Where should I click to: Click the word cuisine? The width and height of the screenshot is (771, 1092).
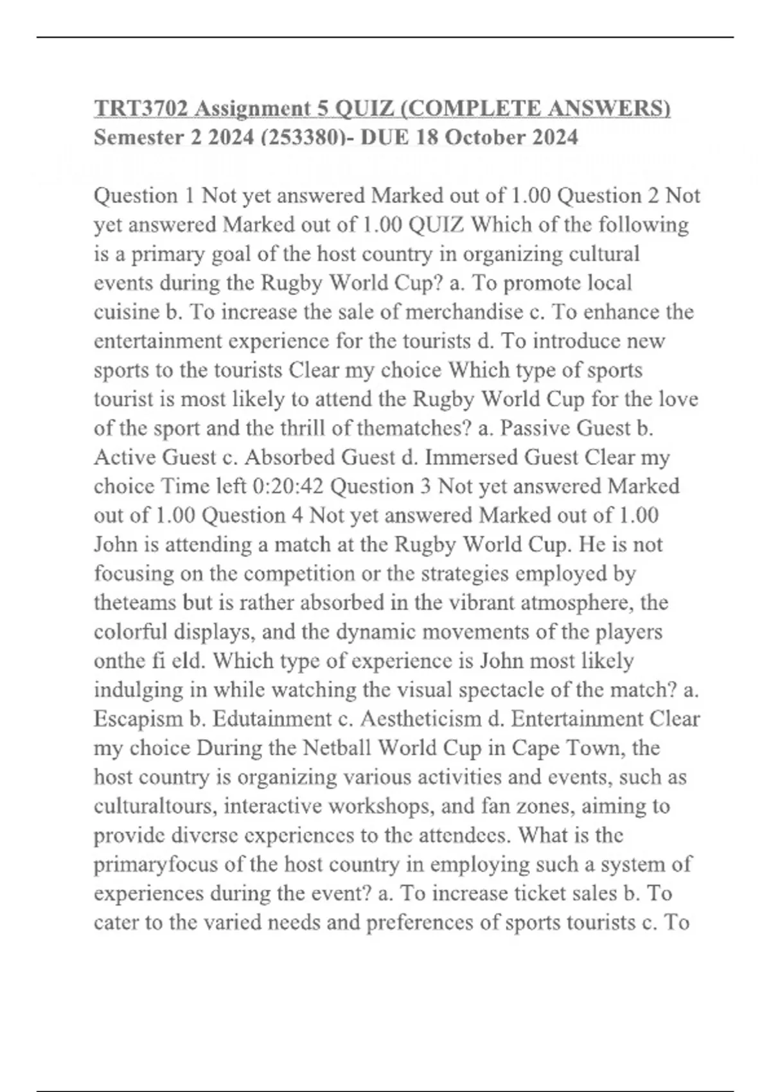(127, 312)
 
